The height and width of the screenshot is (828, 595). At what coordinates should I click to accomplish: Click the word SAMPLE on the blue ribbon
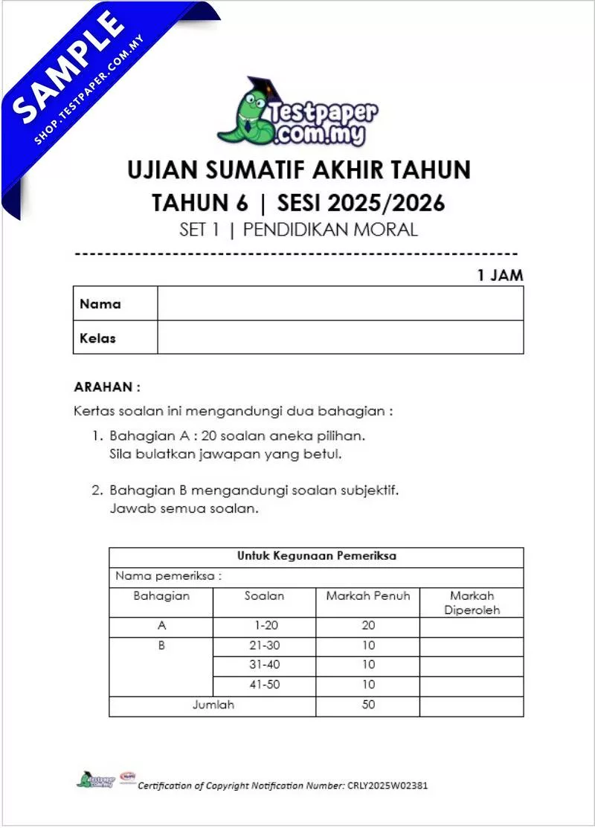(x=68, y=66)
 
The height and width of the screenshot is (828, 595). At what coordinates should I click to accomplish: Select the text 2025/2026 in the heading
(x=387, y=201)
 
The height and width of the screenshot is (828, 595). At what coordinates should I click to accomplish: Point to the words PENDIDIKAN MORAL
(x=330, y=229)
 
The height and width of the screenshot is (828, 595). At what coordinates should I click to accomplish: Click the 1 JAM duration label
(x=500, y=275)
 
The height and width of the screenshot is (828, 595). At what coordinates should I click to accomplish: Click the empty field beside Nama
(x=340, y=303)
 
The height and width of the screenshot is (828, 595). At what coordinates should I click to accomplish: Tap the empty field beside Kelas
(x=340, y=337)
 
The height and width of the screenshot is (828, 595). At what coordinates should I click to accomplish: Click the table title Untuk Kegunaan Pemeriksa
(x=316, y=556)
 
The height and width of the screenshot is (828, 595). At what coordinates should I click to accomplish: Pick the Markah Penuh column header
(x=368, y=596)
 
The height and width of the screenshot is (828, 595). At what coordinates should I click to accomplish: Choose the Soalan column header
(x=264, y=596)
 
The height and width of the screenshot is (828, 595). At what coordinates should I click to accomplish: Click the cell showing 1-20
(x=264, y=626)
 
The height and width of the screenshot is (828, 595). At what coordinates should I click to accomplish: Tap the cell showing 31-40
(x=264, y=665)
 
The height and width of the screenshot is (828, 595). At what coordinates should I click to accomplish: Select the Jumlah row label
(x=213, y=705)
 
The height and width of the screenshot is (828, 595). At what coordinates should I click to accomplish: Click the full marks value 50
(x=368, y=705)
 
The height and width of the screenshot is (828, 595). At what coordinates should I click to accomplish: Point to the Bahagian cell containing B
(x=161, y=646)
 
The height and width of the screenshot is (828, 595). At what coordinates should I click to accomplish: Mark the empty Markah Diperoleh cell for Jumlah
(x=472, y=705)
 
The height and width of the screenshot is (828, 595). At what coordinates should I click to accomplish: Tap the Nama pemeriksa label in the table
(x=169, y=576)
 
